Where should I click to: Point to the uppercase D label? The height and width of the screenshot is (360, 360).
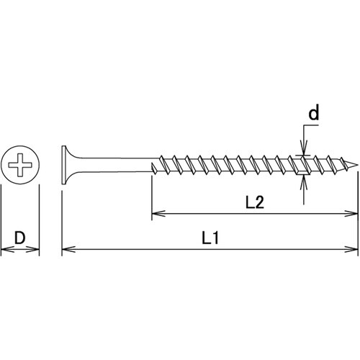point(21,236)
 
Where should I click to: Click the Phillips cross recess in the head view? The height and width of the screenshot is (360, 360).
point(21,165)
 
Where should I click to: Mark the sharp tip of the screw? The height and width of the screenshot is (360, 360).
point(356,165)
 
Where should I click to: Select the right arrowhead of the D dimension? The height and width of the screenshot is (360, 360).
point(35,250)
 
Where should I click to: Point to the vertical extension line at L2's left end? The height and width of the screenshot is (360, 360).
point(151,194)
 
